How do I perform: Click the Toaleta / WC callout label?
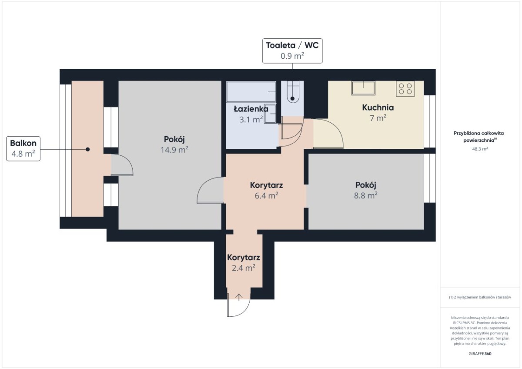pyautogui.click(x=292, y=51)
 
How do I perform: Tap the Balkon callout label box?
pyautogui.click(x=23, y=149)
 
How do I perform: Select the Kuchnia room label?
pyautogui.click(x=378, y=107)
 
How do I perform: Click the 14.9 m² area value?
pyautogui.click(x=174, y=150)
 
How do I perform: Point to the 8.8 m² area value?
pyautogui.click(x=366, y=195)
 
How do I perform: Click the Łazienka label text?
pyautogui.click(x=251, y=109)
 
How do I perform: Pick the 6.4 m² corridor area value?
pyautogui.click(x=266, y=195)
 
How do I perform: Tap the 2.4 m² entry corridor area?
pyautogui.click(x=244, y=268)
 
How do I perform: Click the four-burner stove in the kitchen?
pyautogui.click(x=405, y=89)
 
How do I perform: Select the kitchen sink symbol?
pyautogui.click(x=363, y=88)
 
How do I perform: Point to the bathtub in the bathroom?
pyautogui.click(x=251, y=92)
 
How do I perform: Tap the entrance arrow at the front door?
pyautogui.click(x=239, y=297)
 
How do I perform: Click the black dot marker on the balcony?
pyautogui.click(x=87, y=149)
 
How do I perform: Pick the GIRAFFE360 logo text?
pyautogui.click(x=480, y=354)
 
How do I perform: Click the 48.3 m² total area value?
pyautogui.click(x=480, y=149)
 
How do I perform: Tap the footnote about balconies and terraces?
pyautogui.click(x=480, y=297)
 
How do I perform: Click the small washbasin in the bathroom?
pyautogui.click(x=270, y=114)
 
